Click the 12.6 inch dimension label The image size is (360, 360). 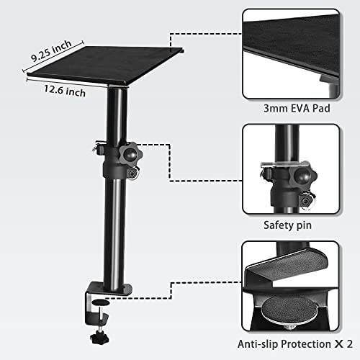[x=60, y=91]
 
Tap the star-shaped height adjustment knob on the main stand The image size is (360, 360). [x=132, y=153]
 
